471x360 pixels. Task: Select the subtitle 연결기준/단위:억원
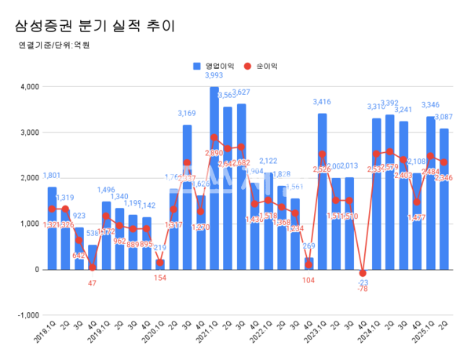(54, 45)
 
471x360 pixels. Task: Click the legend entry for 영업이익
(217, 66)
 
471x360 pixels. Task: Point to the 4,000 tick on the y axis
(27, 86)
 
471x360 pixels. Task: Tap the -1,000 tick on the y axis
(26, 315)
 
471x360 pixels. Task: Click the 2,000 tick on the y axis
(27, 178)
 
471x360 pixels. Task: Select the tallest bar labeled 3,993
(214, 180)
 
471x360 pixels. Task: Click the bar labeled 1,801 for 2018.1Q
(52, 227)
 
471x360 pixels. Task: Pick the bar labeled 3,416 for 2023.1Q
(322, 192)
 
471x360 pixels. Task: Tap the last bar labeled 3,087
(444, 200)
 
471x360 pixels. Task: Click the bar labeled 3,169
(187, 196)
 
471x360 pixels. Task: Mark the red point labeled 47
(93, 267)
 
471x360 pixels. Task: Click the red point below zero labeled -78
(363, 273)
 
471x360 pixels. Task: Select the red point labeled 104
(309, 265)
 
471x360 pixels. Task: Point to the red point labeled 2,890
(214, 138)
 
